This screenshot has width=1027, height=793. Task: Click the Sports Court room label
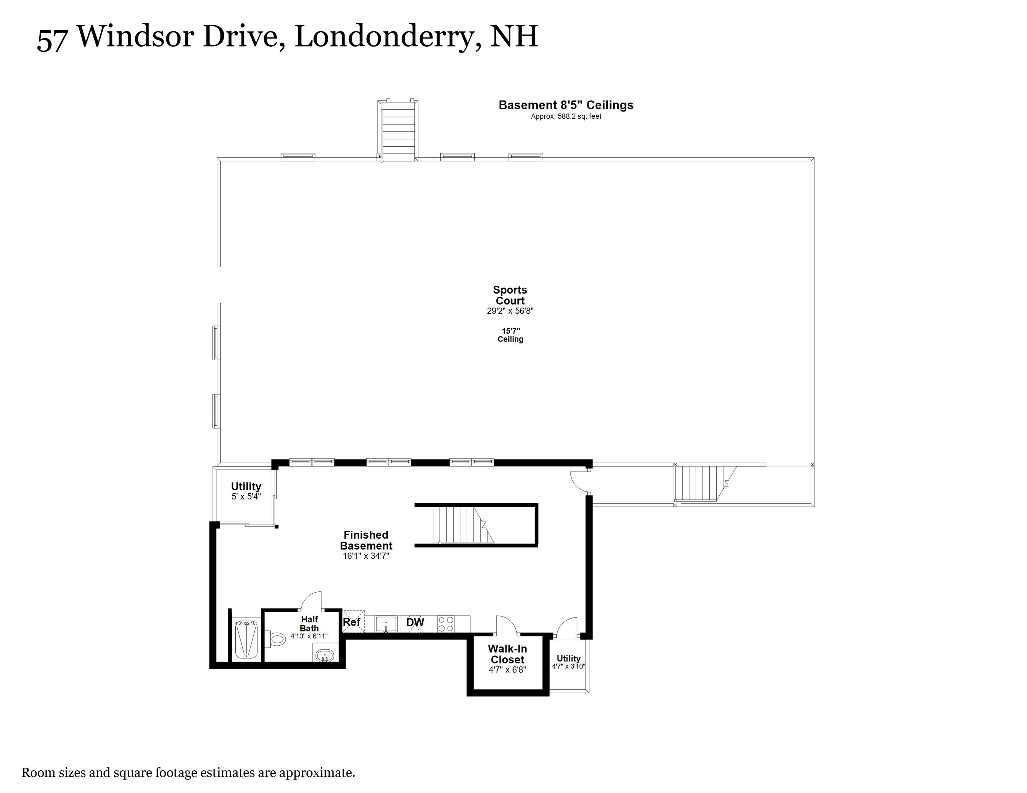click(x=510, y=295)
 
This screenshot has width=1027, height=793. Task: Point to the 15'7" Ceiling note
click(x=510, y=335)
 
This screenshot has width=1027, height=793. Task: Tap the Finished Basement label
click(x=366, y=540)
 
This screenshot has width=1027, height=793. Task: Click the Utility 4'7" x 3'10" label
click(x=568, y=662)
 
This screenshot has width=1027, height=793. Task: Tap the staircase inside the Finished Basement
click(x=463, y=525)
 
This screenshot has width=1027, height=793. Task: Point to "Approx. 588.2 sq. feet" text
click(x=566, y=117)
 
